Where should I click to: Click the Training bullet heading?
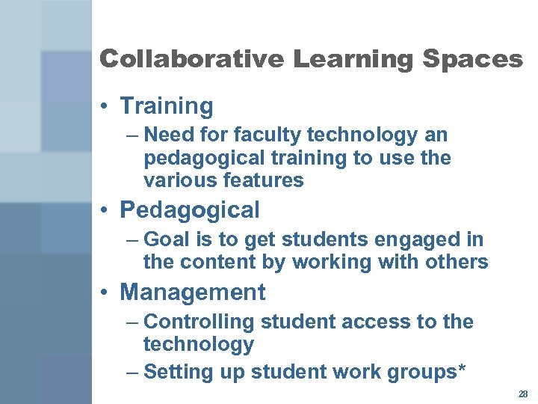click(x=166, y=106)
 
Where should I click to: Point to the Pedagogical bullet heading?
click(x=189, y=210)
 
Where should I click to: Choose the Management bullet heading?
click(x=192, y=292)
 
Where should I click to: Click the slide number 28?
click(x=522, y=394)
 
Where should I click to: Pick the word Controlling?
click(x=199, y=322)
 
